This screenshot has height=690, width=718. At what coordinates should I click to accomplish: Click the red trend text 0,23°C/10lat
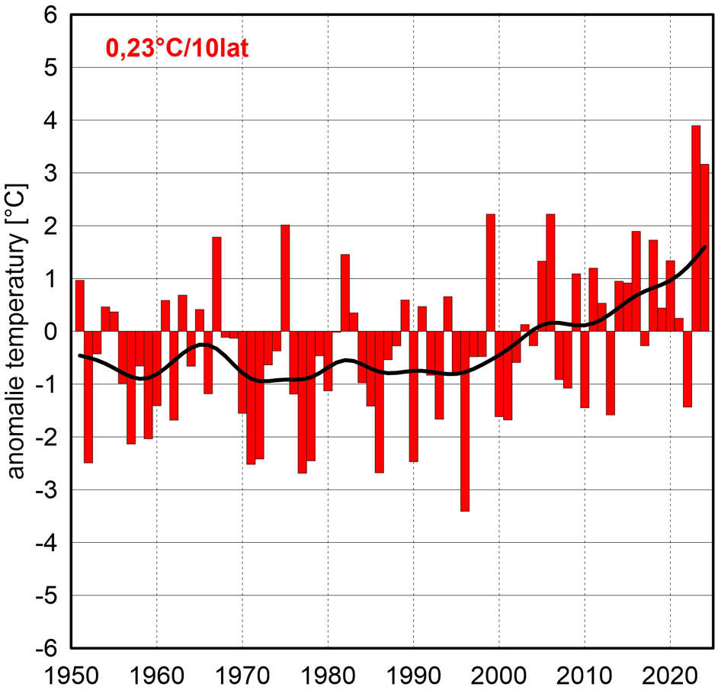click(x=178, y=50)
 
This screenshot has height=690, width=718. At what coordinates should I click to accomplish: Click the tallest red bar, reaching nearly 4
click(x=696, y=229)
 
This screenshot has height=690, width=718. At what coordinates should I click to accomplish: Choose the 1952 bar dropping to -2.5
click(x=88, y=396)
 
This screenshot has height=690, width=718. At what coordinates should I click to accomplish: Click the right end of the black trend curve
click(x=705, y=247)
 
